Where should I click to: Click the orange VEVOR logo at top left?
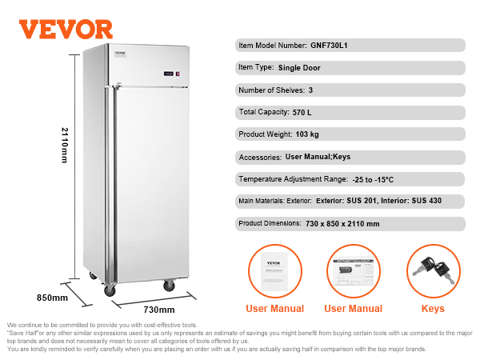pyautogui.click(x=66, y=29)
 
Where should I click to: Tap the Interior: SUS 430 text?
pyautogui.click(x=410, y=201)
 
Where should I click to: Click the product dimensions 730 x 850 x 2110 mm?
pyautogui.click(x=342, y=223)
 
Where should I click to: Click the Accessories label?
pyautogui.click(x=258, y=157)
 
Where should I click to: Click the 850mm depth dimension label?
pyautogui.click(x=53, y=298)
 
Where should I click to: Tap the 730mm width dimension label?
pyautogui.click(x=159, y=309)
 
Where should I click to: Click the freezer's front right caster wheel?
pyautogui.click(x=169, y=285)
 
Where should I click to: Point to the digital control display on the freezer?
pyautogui.click(x=170, y=74)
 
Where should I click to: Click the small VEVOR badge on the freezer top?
pyautogui.click(x=120, y=53)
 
